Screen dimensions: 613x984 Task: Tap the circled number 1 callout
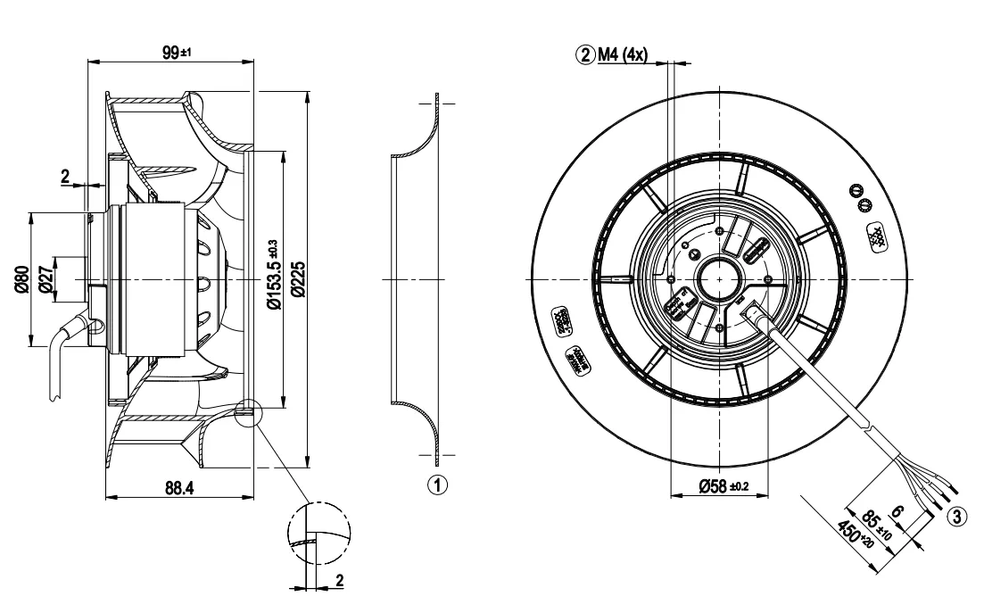[x=435, y=485]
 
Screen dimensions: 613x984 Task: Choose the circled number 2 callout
[x=586, y=55]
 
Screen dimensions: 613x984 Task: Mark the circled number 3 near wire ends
[x=955, y=515]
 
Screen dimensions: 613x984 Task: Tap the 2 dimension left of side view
[x=65, y=176]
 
